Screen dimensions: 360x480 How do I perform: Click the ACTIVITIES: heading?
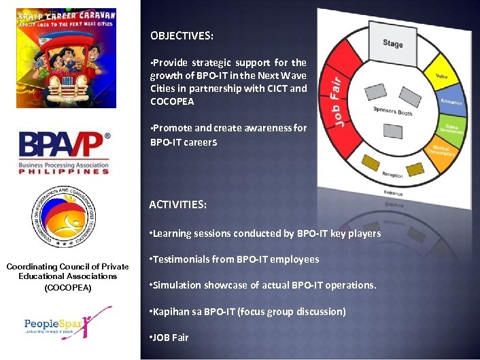click(178, 204)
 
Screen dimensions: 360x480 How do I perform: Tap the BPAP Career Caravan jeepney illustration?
click(66, 59)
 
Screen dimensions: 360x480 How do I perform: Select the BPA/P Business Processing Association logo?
click(64, 153)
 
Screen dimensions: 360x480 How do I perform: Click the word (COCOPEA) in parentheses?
click(67, 288)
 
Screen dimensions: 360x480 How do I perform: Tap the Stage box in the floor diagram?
click(392, 44)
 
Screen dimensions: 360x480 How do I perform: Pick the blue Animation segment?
click(451, 101)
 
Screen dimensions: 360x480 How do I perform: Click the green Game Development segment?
click(453, 127)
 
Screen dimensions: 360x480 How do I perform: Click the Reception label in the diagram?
click(392, 175)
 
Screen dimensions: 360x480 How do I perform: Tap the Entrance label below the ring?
click(392, 193)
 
